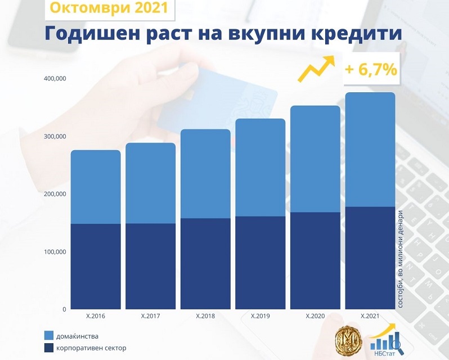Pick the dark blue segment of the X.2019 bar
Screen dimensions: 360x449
tap(260, 262)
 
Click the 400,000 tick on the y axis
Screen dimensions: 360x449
tap(55, 78)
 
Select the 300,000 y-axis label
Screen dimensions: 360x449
tap(55, 136)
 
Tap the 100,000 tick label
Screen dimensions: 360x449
tap(55, 251)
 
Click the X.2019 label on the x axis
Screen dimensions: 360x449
tap(260, 316)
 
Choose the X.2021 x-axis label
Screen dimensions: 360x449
tap(370, 316)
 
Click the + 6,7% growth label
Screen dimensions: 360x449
tap(371, 70)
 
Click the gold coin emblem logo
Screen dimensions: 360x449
tap(347, 341)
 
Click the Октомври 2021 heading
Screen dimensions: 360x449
tap(109, 8)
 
